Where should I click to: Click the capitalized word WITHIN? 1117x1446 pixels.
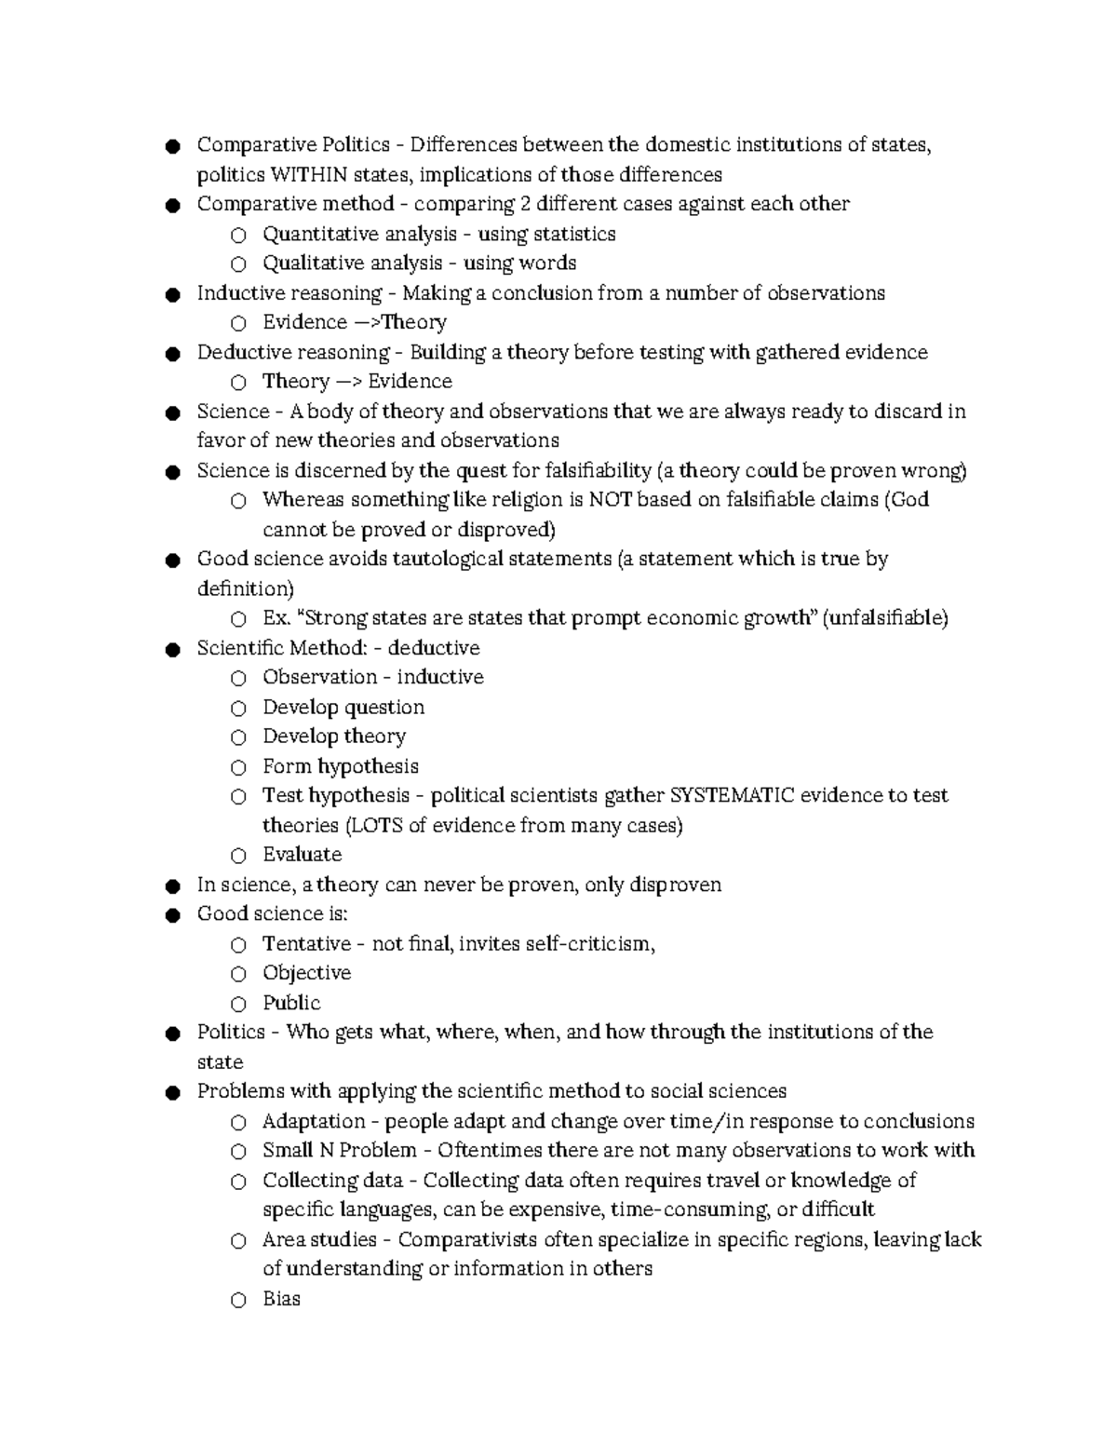[x=308, y=175]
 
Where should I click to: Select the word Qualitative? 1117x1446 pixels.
[x=312, y=264]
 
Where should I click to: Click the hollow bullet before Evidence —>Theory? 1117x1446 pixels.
[x=239, y=323]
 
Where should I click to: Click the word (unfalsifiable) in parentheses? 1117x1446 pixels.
[x=885, y=618]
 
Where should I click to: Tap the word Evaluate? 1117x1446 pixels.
[x=303, y=855]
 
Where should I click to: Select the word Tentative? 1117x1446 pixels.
[x=307, y=943]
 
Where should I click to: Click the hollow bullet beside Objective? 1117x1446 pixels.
[x=239, y=974]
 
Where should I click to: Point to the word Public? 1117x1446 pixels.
[x=291, y=1003]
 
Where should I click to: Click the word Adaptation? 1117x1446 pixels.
[x=314, y=1121]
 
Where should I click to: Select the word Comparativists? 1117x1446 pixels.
[x=467, y=1239]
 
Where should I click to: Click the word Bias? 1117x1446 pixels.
[x=281, y=1299]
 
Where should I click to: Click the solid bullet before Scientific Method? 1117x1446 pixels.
[x=172, y=649]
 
